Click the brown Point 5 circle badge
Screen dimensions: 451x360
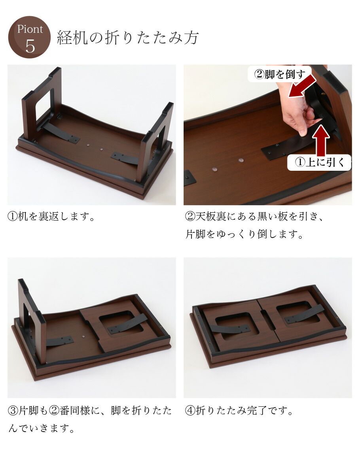[x=29, y=37]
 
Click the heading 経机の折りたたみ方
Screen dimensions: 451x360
[x=127, y=38]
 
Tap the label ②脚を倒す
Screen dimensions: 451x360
[x=279, y=74]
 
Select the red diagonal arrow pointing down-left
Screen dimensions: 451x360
[x=303, y=86]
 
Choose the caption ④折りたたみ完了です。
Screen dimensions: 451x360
[x=240, y=411]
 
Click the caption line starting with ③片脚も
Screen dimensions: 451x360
[x=90, y=411]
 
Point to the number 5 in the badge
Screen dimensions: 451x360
[x=30, y=47]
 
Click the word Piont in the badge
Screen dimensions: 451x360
[x=30, y=29]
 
